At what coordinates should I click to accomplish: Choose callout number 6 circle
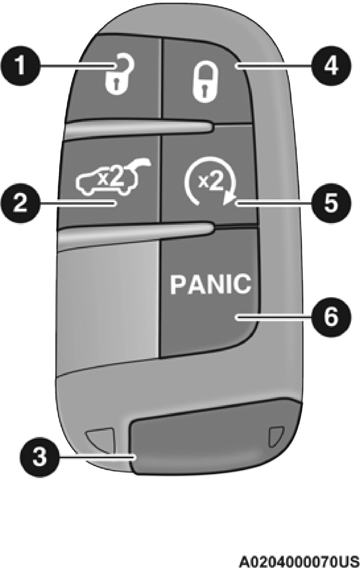(x=330, y=317)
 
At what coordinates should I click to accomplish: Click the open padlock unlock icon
(x=120, y=78)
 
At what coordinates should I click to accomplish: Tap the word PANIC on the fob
(x=211, y=284)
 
